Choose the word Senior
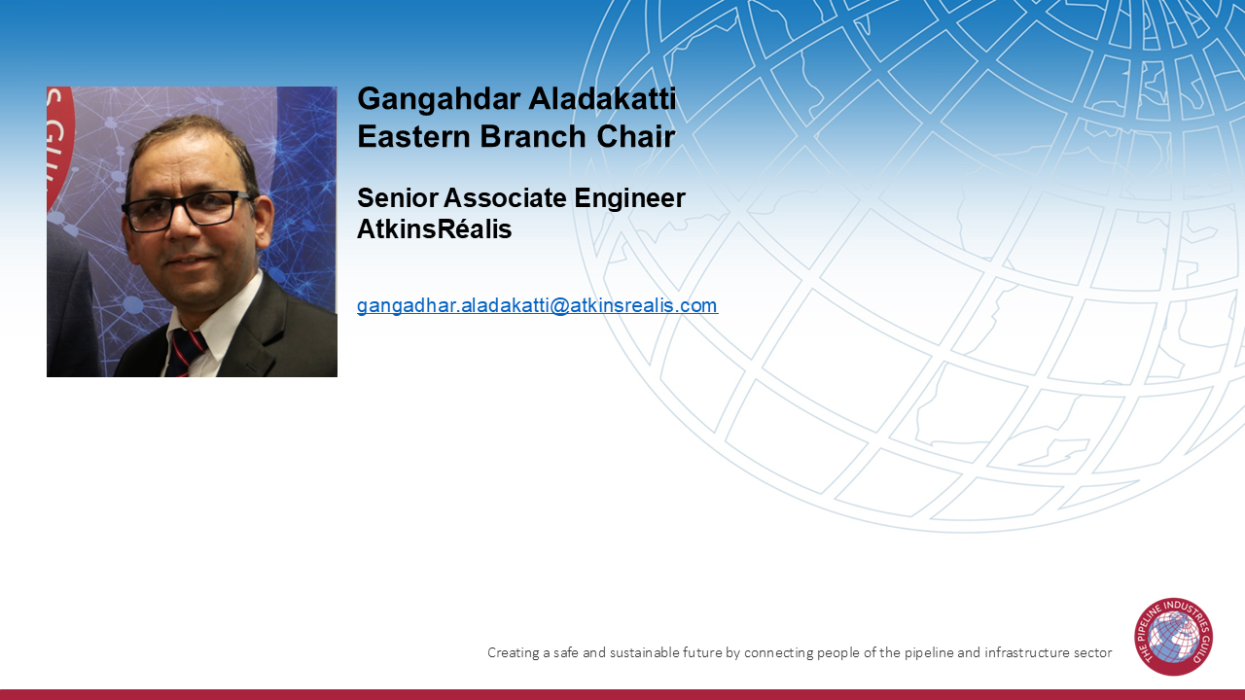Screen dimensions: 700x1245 [x=397, y=198]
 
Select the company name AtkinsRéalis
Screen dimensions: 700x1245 [x=434, y=230]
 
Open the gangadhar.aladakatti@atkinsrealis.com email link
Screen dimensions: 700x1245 [x=537, y=305]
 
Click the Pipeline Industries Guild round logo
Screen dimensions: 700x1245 [x=1173, y=637]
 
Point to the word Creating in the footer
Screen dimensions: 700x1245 [x=514, y=653]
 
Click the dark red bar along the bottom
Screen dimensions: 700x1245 [x=622, y=694]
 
